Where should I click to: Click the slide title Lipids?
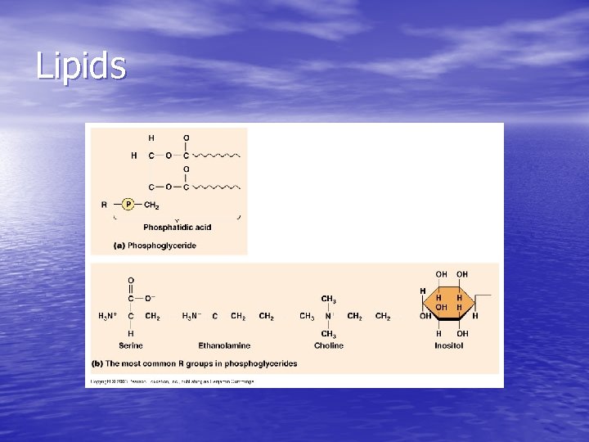tap(81, 65)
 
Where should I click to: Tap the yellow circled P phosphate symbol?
tap(128, 205)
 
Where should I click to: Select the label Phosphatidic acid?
tap(177, 227)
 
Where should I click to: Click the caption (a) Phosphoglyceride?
tap(155, 246)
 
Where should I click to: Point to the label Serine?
tap(130, 345)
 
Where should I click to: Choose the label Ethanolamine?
tap(224, 345)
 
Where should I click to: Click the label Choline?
tap(328, 345)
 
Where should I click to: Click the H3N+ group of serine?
tap(107, 316)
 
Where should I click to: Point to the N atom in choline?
tap(328, 316)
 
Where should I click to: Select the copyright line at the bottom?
tap(173, 381)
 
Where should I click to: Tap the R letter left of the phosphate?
tap(104, 205)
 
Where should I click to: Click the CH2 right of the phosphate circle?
tap(151, 205)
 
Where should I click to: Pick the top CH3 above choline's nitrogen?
tap(328, 299)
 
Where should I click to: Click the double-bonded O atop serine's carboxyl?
tap(130, 281)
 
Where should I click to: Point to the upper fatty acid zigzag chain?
tap(215, 155)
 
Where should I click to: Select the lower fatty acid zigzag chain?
tap(215, 187)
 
